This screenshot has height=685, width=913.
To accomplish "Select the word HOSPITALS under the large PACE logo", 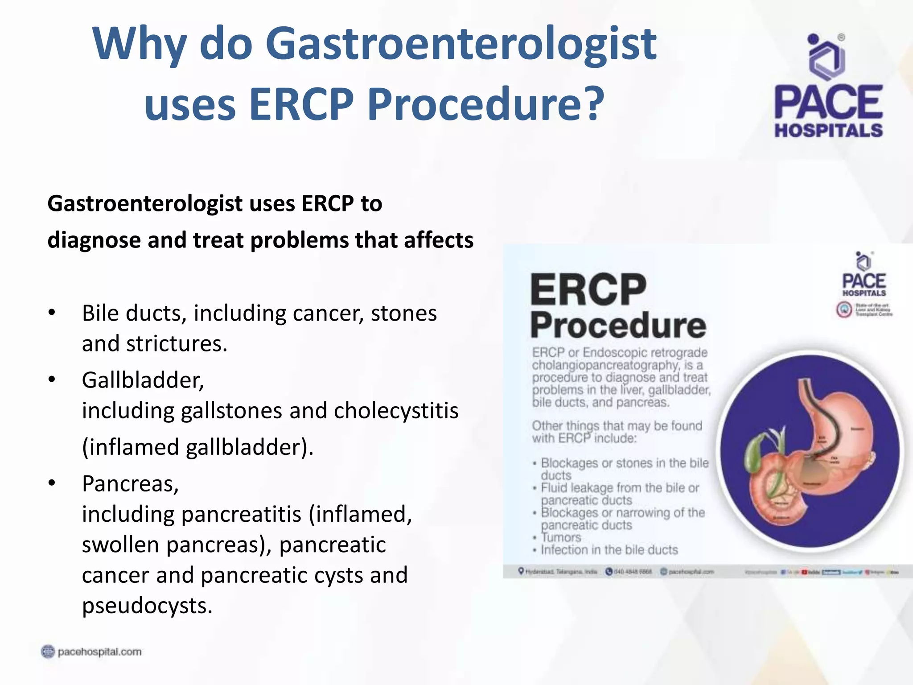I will [828, 131].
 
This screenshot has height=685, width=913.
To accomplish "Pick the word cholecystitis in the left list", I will [396, 411].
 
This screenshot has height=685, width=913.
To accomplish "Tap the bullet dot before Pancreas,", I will [52, 483].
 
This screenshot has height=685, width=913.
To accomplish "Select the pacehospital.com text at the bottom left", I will [99, 652].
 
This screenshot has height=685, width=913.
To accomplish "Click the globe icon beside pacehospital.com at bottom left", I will [48, 652].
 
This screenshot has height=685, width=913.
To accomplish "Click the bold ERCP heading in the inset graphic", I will [588, 290].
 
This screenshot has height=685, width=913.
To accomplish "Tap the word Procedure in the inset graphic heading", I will [618, 326].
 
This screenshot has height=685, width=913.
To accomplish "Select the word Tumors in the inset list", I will [561, 537].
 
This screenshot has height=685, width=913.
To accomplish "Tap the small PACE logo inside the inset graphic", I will [864, 281].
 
